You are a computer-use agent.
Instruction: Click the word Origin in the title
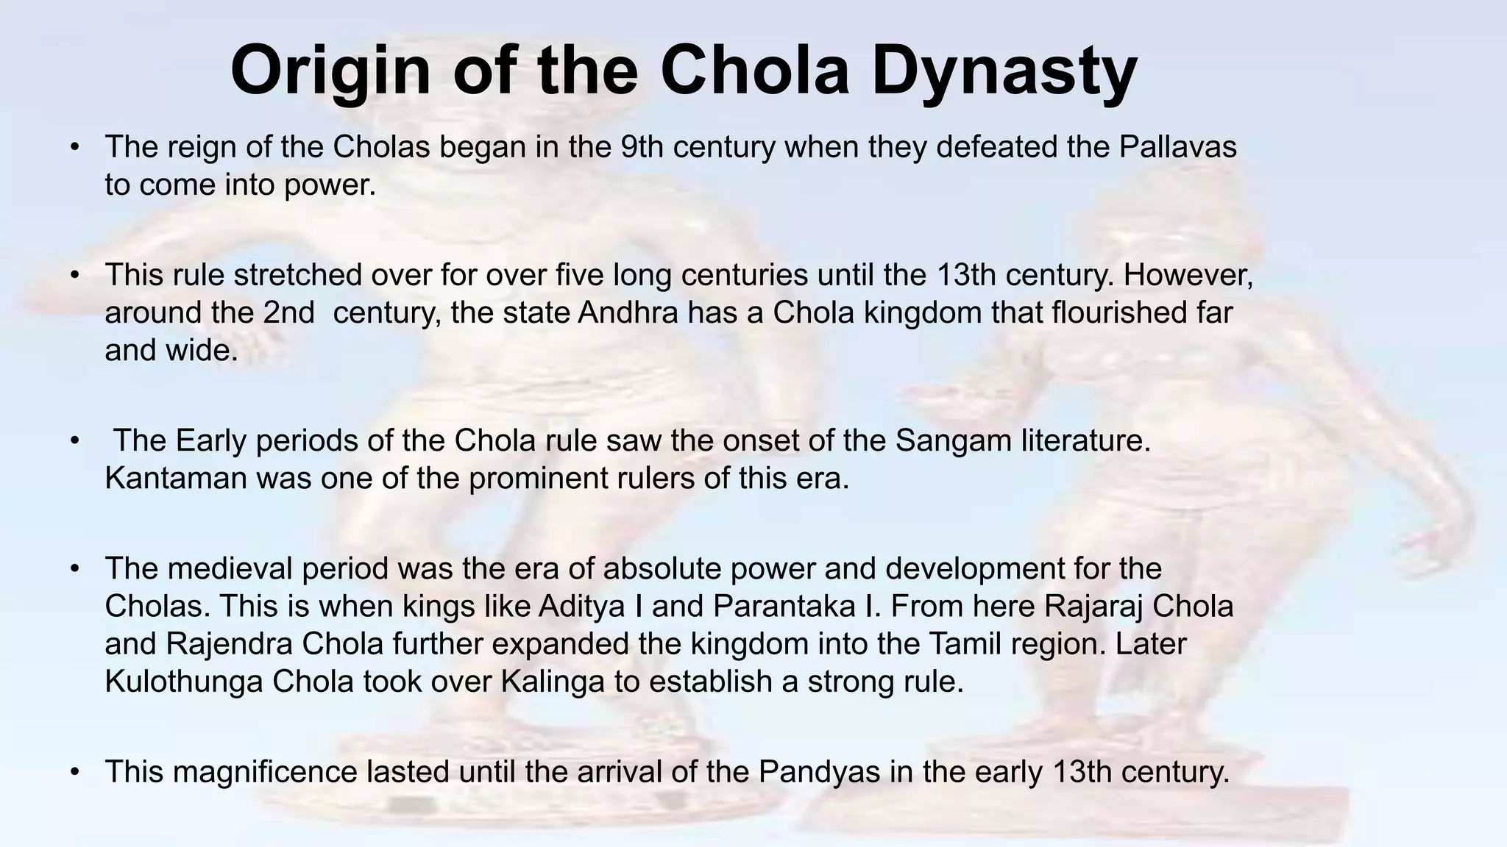(330, 71)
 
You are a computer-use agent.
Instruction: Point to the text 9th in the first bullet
(642, 146)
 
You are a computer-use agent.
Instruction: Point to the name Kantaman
(175, 479)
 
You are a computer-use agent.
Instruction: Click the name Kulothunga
(183, 682)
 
